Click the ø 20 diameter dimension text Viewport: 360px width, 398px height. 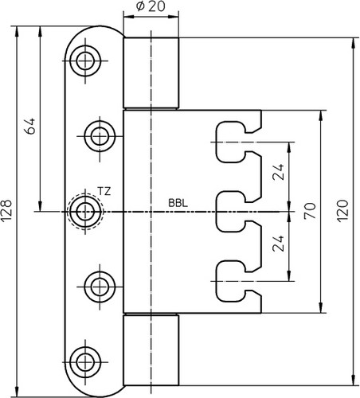(151, 6)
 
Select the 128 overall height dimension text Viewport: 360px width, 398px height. (6, 210)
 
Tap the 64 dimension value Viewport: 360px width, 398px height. (29, 126)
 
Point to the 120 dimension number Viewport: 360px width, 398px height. (342, 211)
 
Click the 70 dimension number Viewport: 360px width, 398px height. (310, 211)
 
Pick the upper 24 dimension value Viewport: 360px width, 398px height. (278, 172)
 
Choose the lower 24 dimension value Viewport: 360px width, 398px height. (278, 244)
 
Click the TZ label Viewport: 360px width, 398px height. (104, 191)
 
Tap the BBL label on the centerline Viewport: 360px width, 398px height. (178, 203)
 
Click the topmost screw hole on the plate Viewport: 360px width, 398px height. (85, 60)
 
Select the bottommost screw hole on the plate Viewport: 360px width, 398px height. (85, 362)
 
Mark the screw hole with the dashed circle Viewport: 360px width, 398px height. (85, 212)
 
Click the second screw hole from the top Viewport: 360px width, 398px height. (100, 136)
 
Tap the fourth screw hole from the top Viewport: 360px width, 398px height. (100, 287)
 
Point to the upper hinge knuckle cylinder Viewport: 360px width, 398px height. (151, 73)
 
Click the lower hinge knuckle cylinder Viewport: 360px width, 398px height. (151, 350)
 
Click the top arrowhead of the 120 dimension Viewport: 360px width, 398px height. (353, 43)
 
